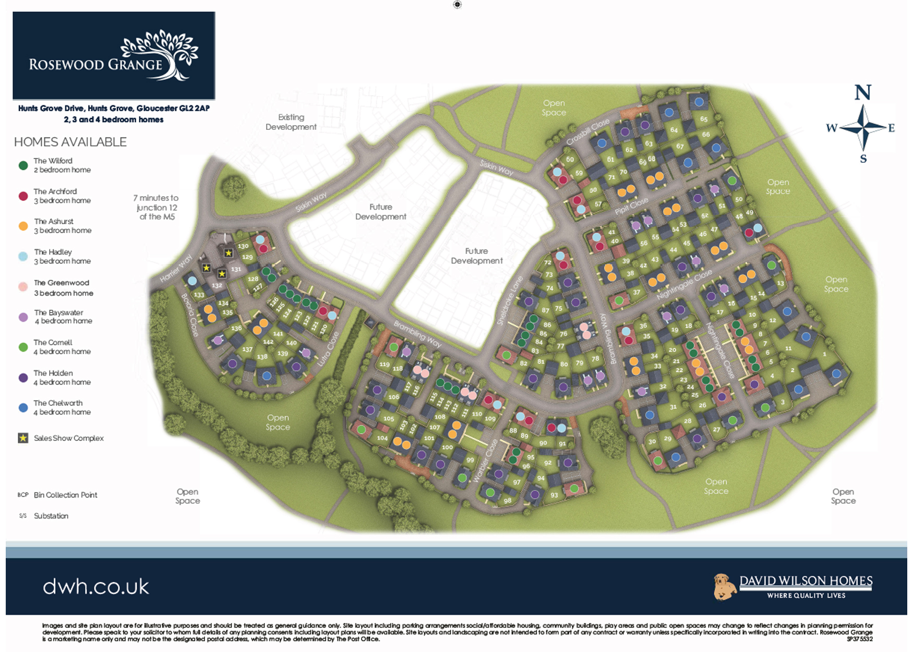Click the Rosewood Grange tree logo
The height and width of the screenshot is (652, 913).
[x=161, y=55]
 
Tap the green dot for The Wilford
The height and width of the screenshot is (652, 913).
[x=23, y=165]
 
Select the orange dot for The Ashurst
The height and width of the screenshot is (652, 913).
[x=23, y=226]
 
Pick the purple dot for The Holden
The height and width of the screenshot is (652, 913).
[x=23, y=378]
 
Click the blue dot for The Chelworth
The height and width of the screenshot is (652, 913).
[x=23, y=408]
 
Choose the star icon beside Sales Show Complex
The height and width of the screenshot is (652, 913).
[x=23, y=438]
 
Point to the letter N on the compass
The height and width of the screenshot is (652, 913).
[x=862, y=93]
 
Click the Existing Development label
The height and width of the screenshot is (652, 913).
[x=291, y=122]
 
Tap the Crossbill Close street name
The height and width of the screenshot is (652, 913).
[x=587, y=132]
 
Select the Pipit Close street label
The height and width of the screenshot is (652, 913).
[x=631, y=206]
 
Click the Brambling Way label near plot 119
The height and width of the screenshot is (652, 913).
[x=417, y=334]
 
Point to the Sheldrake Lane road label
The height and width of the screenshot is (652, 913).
[x=510, y=301]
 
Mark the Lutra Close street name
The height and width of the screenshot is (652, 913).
[x=329, y=348]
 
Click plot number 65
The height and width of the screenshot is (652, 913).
[x=704, y=119]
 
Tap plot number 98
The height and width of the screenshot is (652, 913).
[x=507, y=501]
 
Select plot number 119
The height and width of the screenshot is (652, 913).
[x=385, y=364]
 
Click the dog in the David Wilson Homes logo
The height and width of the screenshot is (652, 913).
[x=724, y=587]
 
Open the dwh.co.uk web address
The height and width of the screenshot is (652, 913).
[x=96, y=587]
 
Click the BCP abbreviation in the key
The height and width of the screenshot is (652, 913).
[x=22, y=495]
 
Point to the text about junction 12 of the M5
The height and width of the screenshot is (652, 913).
[x=156, y=207]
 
